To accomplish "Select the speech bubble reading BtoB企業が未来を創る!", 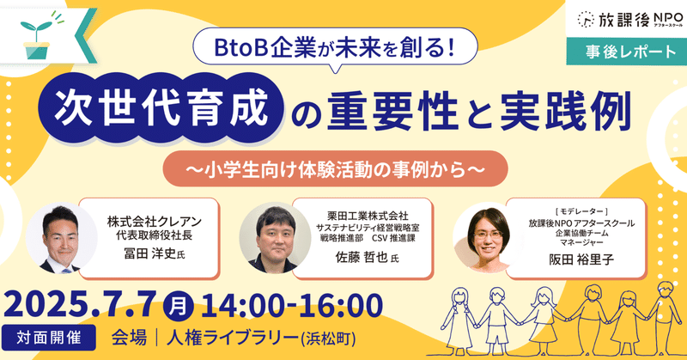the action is [335, 49].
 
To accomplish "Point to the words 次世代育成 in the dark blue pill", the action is [161, 108].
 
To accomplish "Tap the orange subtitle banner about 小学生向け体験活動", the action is [335, 168].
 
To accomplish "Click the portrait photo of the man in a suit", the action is [60, 239].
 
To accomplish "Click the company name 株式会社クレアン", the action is [155, 222].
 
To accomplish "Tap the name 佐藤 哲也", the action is [362, 257].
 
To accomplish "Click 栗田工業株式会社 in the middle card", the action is [368, 216].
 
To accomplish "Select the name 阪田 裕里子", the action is [581, 259].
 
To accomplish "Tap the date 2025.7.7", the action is [80, 305].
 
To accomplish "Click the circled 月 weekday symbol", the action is [178, 306].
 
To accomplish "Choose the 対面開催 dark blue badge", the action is [49, 338].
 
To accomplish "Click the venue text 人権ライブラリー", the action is [232, 339].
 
